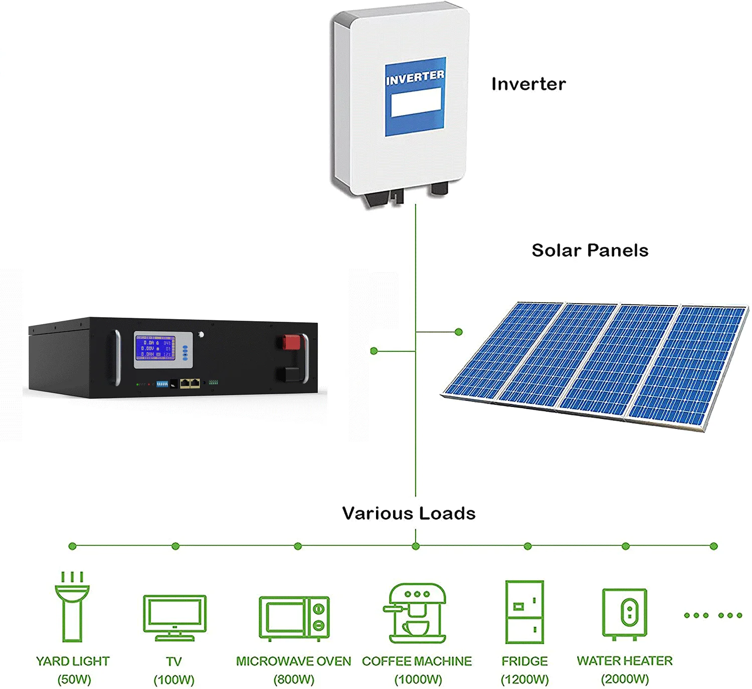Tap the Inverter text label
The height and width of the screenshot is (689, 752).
528,84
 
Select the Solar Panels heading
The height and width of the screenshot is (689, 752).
590,250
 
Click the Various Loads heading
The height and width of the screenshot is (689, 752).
409,513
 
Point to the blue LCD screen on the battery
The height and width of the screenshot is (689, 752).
154,348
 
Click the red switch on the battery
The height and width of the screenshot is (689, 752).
291,342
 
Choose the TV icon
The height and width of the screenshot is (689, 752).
174,617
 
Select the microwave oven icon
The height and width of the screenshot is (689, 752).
294,618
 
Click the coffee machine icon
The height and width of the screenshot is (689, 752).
417,613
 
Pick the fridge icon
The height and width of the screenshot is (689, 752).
524,612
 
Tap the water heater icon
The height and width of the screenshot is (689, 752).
624,614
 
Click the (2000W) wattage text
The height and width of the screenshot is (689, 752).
625,679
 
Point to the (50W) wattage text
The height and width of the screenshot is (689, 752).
74,679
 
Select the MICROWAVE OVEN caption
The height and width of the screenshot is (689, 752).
293,661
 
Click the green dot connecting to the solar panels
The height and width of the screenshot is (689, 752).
458,332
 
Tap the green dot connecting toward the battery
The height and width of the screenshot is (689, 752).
373,351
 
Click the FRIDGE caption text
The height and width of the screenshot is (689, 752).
524,661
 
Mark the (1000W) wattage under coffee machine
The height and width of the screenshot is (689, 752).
418,679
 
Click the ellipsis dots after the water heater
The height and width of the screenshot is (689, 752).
713,615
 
